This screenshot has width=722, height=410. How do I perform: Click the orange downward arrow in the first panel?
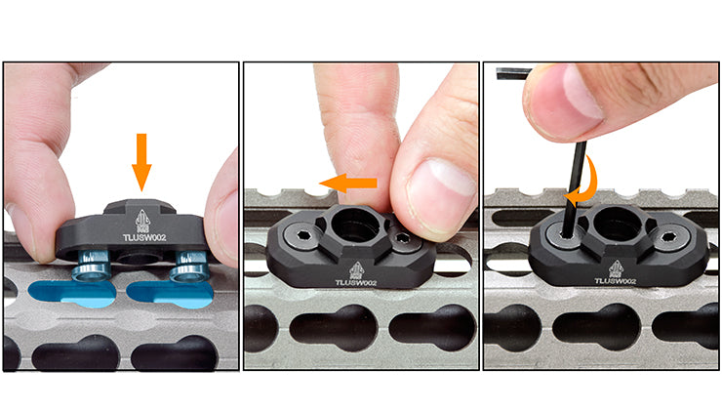coord(141,161)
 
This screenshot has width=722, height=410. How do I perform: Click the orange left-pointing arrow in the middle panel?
coord(348,183)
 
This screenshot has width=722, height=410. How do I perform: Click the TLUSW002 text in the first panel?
coord(144,238)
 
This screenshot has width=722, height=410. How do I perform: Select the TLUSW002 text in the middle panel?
coord(356,282)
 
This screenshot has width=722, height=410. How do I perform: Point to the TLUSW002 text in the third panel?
coord(616,280)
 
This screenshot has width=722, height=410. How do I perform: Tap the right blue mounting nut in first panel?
coord(190,266)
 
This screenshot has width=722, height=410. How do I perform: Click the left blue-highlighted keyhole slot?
coord(72,294)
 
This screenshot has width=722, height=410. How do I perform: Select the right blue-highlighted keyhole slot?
coord(170,295)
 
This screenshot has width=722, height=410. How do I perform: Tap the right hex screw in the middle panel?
coord(402,238)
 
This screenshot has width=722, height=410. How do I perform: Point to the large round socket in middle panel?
coord(356,224)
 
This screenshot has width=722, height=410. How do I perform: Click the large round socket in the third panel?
coord(617,223)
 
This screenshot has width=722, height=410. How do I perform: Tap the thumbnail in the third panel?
coord(582,90)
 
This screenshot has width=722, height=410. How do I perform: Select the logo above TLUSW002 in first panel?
coord(142,222)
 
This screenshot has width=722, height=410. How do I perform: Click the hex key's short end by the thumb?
coord(513,73)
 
